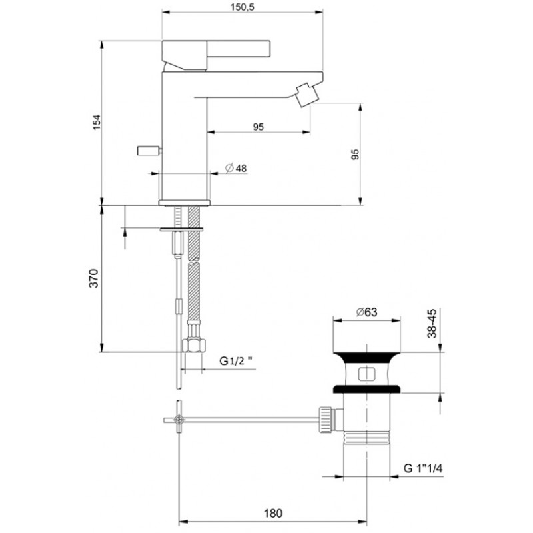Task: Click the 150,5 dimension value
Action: click(x=243, y=7)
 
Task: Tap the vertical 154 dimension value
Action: click(x=97, y=122)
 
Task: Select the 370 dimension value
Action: click(x=93, y=278)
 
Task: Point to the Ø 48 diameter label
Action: click(x=237, y=168)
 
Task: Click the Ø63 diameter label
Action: click(x=367, y=312)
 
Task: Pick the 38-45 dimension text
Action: click(x=432, y=323)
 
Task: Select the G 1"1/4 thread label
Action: click(x=423, y=468)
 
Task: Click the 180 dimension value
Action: click(x=273, y=513)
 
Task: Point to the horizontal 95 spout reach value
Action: click(x=259, y=127)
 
